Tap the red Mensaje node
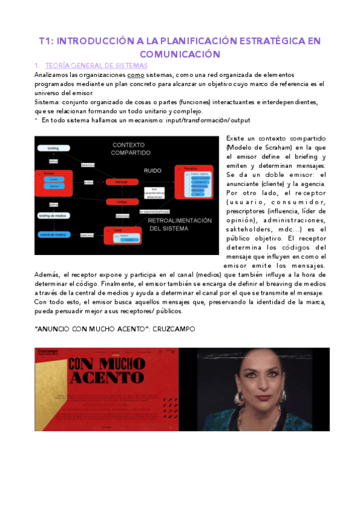(121, 182)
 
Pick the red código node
(121, 202)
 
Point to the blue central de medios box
(53, 234)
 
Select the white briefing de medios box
(53, 215)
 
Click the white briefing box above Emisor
(53, 148)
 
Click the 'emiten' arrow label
(88, 182)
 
